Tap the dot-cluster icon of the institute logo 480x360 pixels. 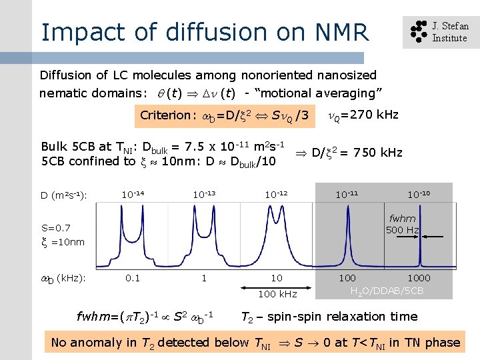(x=417, y=32)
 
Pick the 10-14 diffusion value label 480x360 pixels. (x=133, y=195)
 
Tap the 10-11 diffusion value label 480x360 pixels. (x=347, y=195)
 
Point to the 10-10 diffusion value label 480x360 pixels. (x=421, y=195)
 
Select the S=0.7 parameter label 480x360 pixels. (x=56, y=227)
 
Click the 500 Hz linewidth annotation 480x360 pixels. (x=403, y=230)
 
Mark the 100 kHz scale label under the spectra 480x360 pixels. (x=278, y=293)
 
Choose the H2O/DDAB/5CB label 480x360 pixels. (x=387, y=291)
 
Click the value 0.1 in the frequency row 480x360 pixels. (x=133, y=277)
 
